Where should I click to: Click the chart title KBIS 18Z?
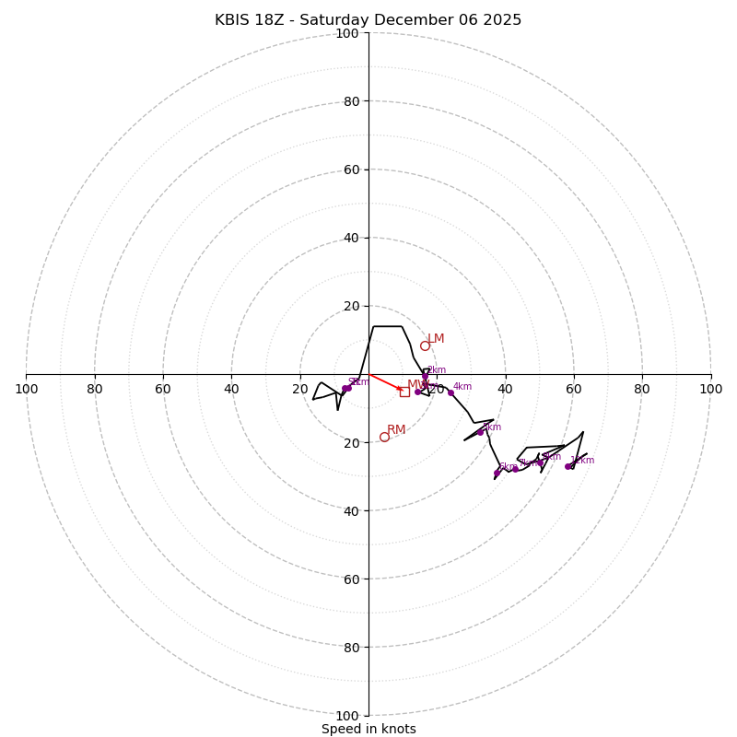pyautogui.click(x=368, y=20)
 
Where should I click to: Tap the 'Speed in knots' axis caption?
pyautogui.click(x=368, y=729)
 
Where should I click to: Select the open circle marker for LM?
pyautogui.click(x=425, y=345)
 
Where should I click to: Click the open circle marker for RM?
pyautogui.click(x=384, y=437)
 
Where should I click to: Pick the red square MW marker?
pyautogui.click(x=404, y=392)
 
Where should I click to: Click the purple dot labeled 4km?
pyautogui.click(x=450, y=392)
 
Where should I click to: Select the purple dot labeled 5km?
pyautogui.click(x=480, y=432)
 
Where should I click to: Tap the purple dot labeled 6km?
pyautogui.click(x=497, y=473)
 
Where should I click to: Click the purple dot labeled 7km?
pyautogui.click(x=515, y=469)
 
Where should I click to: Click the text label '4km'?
pyautogui.click(x=462, y=387)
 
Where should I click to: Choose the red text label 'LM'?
pyautogui.click(x=436, y=339)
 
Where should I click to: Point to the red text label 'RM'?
pyautogui.click(x=396, y=430)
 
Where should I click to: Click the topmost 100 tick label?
pyautogui.click(x=347, y=33)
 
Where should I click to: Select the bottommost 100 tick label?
pyautogui.click(x=347, y=715)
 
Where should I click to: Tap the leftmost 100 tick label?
pyautogui.click(x=27, y=389)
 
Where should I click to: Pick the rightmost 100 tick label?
pyautogui.click(x=710, y=389)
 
